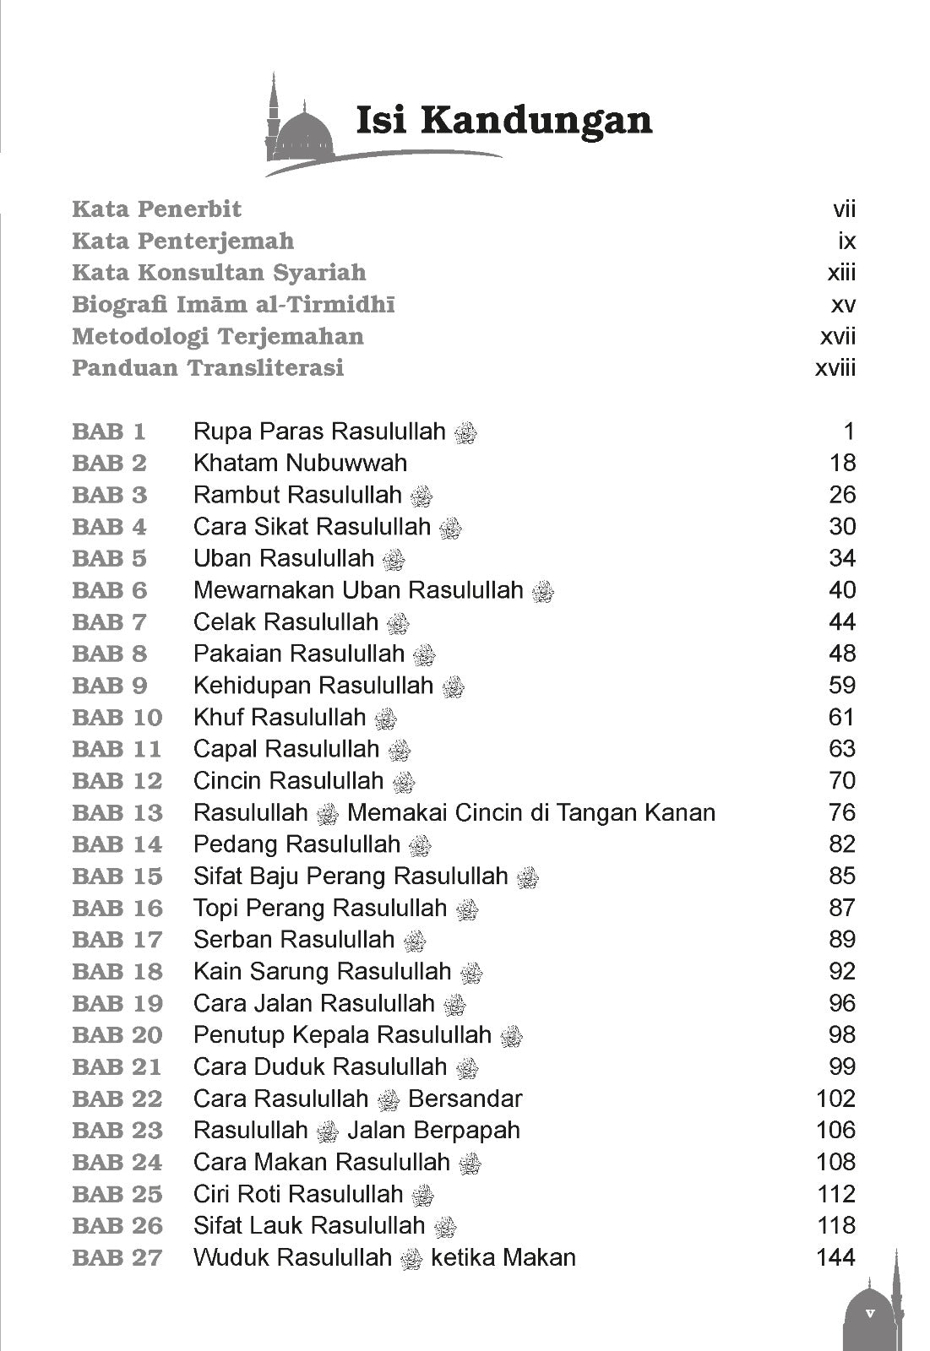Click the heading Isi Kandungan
(x=504, y=121)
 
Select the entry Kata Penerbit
(x=157, y=209)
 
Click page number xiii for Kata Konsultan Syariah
(x=841, y=273)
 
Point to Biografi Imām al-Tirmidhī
(x=233, y=304)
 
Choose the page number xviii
(x=835, y=368)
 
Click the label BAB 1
(x=109, y=431)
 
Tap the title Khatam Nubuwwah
(x=300, y=463)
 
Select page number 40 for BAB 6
(x=842, y=590)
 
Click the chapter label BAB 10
(x=117, y=718)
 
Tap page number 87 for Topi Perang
(x=842, y=908)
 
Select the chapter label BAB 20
(x=117, y=1035)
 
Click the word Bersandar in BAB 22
(x=465, y=1099)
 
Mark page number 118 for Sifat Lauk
(x=836, y=1225)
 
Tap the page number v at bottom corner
(x=869, y=1314)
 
